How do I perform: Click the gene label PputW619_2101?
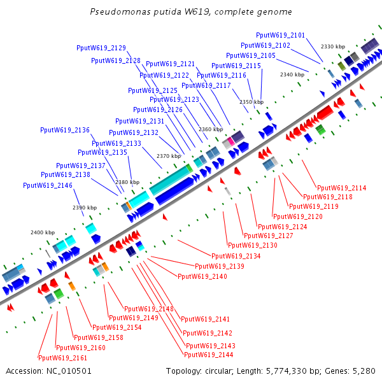280,35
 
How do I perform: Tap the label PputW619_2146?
48,185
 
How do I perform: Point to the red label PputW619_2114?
342,188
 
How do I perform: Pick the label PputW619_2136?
65,130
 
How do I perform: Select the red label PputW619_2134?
244,255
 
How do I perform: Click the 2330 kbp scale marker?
333,46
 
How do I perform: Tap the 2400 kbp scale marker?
43,232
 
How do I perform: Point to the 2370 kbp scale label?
169,156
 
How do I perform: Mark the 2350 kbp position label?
251,102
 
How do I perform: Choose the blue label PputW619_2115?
236,66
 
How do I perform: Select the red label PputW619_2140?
202,276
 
